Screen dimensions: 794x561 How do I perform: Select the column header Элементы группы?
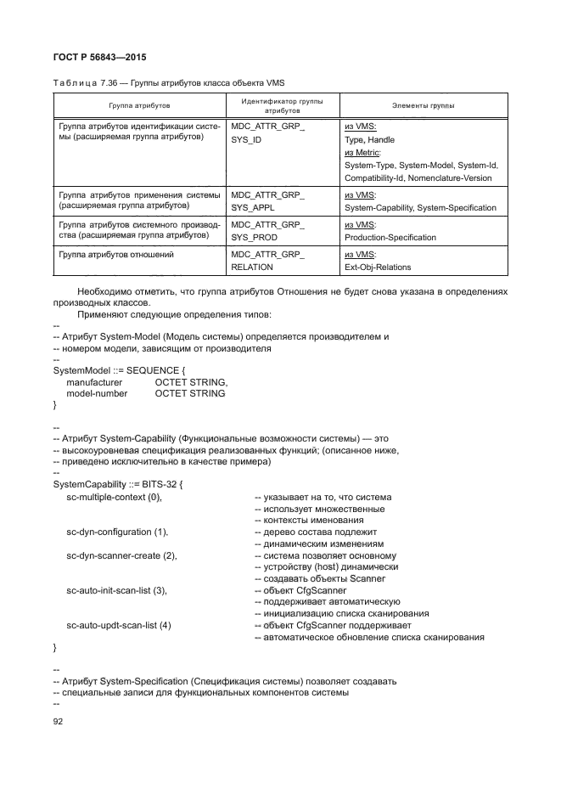(423, 106)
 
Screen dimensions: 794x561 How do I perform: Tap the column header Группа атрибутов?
(139, 106)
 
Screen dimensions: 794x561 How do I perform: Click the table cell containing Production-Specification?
(390, 237)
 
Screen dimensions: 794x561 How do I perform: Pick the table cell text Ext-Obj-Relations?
(378, 267)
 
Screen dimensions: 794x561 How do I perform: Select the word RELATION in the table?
(252, 267)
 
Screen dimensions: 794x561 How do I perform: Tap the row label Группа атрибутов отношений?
(115, 254)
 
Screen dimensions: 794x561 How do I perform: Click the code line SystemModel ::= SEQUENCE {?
(118, 370)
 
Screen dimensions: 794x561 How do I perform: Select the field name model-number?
(97, 393)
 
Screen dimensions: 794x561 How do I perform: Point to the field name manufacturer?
(94, 382)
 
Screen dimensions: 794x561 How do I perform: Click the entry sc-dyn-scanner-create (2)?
(121, 555)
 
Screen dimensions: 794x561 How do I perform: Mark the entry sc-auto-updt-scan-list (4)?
(119, 625)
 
